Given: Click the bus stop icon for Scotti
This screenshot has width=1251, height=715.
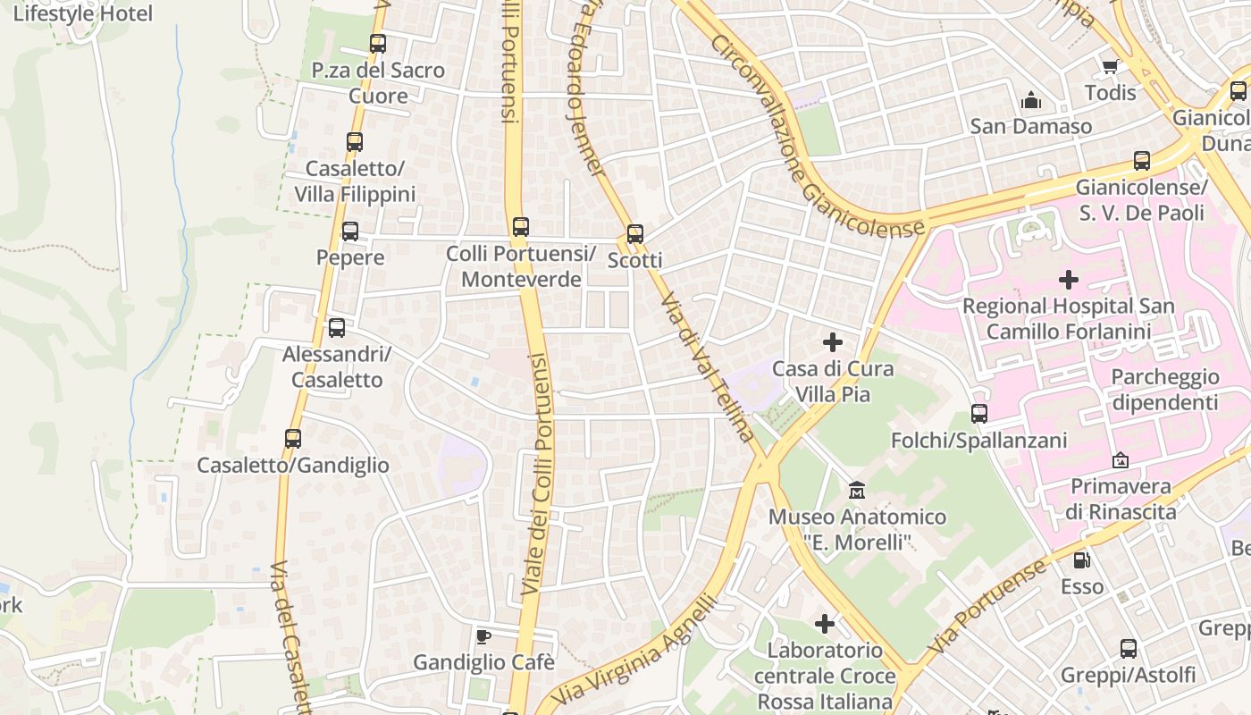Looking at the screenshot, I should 635,234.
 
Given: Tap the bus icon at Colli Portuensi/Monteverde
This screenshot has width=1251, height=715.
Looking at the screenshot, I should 521,227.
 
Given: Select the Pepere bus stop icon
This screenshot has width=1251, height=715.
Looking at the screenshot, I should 350,231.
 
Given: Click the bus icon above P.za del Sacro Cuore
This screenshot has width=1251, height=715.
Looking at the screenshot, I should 378,43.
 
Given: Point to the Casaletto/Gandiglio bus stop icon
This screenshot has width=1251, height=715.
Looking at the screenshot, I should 293,439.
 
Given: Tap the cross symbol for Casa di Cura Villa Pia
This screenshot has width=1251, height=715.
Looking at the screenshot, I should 833,342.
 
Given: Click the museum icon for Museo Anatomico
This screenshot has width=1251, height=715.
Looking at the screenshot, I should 857,490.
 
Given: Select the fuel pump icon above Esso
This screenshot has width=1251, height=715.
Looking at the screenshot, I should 1081,560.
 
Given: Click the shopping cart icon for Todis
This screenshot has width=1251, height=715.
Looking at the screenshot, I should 1110,66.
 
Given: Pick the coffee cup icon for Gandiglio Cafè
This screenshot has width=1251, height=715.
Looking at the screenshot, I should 483,636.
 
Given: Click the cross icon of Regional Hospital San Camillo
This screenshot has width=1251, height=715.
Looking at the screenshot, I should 1068,280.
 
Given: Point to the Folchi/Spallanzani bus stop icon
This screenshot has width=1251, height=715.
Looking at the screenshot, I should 979,414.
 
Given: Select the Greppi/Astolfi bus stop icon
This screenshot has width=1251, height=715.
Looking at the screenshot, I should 1129,649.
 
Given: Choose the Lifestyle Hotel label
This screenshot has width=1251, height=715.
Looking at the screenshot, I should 82,13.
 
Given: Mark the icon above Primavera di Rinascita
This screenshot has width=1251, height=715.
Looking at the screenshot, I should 1120,460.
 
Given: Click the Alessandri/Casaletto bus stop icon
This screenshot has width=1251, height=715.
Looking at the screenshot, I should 337,328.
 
